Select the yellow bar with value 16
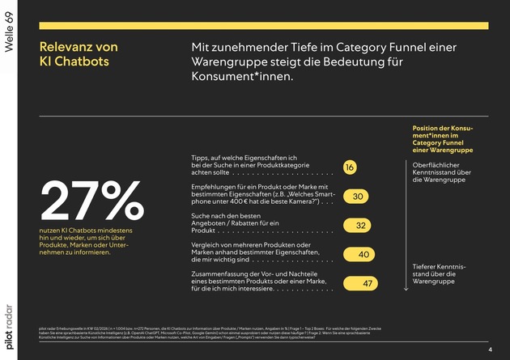(349, 167)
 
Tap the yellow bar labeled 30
(357, 197)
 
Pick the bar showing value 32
(359, 226)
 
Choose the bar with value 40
(361, 255)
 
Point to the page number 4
(490, 349)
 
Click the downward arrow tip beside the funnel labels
(405, 289)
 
